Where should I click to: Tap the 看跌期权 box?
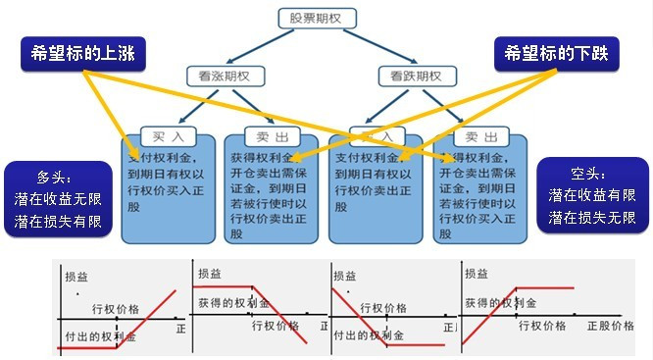417,76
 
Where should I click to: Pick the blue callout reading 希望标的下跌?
556,53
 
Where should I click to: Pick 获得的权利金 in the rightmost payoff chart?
500,303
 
